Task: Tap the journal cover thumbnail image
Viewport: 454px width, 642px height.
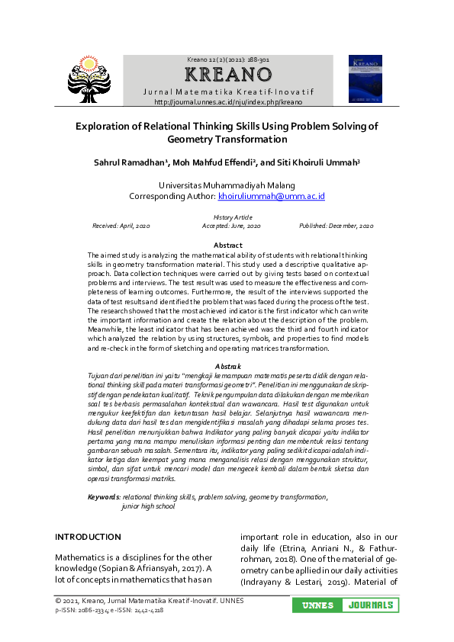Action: pos(365,79)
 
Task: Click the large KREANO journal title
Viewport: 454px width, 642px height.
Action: pos(228,75)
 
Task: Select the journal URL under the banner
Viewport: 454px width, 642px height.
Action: pos(228,101)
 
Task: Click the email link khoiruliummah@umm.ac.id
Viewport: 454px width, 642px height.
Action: pos(271,196)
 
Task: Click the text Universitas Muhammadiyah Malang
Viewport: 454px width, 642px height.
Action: pos(227,185)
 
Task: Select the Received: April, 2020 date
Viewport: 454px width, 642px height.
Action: pos(121,226)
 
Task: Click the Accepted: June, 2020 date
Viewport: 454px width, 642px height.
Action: pos(231,226)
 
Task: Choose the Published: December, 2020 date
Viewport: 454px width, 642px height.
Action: pos(336,226)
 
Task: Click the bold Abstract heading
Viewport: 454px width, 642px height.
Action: pos(227,245)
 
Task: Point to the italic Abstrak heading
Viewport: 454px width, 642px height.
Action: pos(227,367)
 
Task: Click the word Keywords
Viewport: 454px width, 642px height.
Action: pos(104,496)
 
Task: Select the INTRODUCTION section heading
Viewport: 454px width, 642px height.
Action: pos(88,537)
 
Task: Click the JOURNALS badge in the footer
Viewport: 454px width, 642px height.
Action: pos(370,605)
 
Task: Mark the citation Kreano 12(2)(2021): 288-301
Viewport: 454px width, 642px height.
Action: pos(228,59)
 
